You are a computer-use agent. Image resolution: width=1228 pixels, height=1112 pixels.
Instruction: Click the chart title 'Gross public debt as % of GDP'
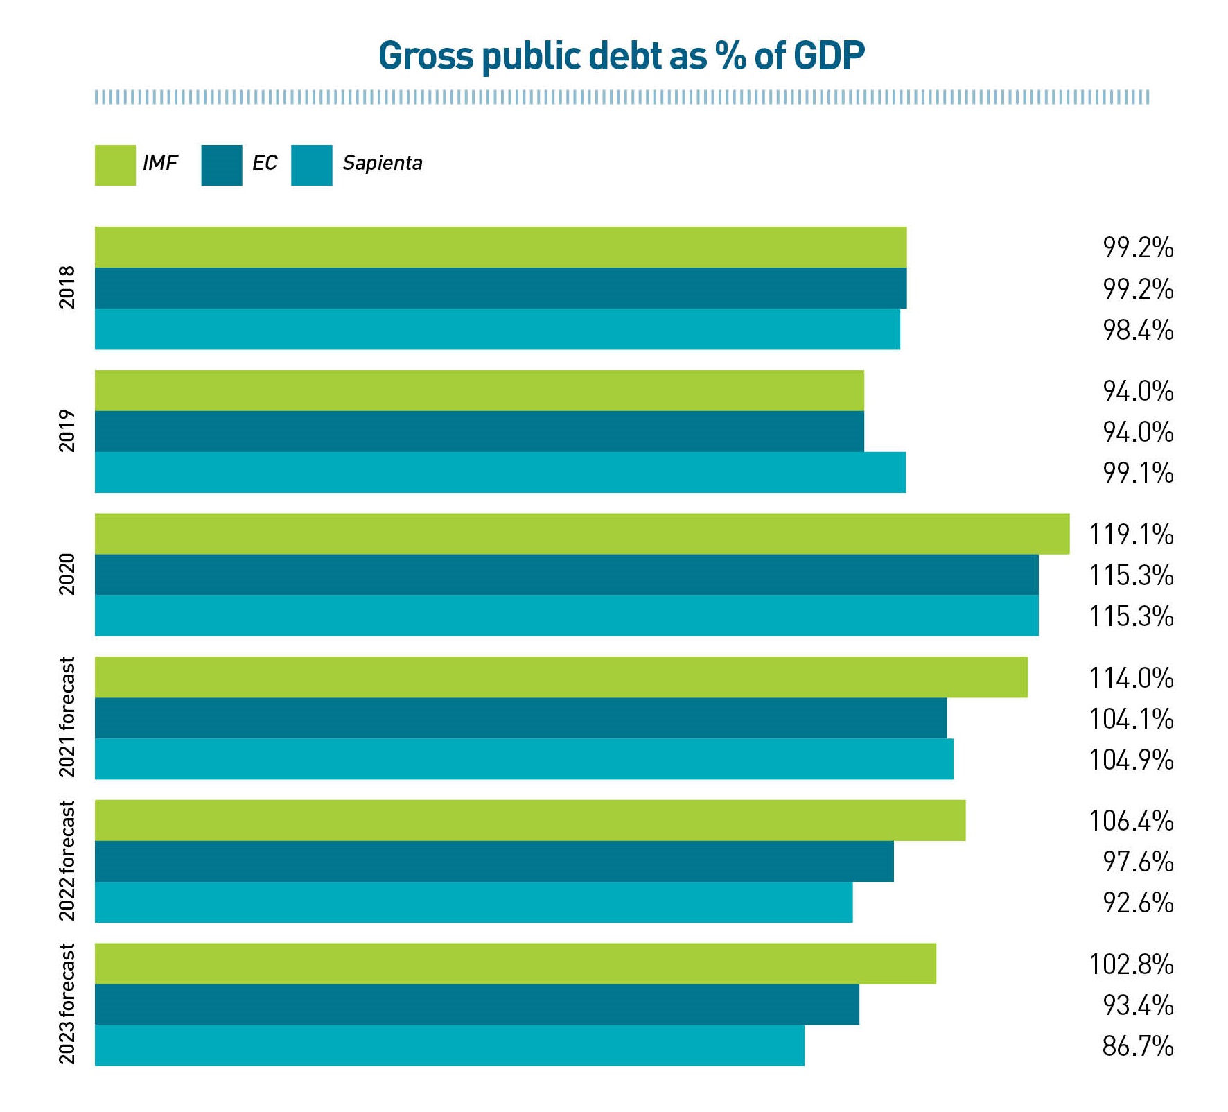621,55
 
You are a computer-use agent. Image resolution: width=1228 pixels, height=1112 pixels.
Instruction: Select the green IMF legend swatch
115,165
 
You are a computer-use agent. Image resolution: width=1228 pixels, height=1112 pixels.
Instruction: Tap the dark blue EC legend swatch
221,165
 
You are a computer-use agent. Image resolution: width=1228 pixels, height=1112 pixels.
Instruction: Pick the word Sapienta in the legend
382,164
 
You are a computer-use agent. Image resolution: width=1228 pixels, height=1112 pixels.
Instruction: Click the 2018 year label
67,287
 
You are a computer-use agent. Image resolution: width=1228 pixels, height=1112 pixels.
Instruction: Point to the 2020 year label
67,574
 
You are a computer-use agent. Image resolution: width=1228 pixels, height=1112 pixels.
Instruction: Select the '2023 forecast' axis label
67,1004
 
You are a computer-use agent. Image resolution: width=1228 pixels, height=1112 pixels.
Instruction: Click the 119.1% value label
1130,535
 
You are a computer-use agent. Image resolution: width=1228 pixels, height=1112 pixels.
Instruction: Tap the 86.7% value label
1137,1045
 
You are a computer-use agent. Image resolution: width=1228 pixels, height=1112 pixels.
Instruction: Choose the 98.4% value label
1137,330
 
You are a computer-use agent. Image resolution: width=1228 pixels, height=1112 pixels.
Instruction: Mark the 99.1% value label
1137,473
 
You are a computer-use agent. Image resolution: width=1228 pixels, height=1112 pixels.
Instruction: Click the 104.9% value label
1130,760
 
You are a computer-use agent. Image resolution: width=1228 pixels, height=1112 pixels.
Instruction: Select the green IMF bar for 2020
581,534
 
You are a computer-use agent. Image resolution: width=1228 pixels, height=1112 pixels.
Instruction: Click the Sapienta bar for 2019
500,472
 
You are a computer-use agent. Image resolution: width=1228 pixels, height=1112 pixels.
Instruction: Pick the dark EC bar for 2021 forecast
520,718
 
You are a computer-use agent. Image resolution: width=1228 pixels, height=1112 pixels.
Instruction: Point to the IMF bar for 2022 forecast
529,820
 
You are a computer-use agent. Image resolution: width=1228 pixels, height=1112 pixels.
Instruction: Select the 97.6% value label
1137,862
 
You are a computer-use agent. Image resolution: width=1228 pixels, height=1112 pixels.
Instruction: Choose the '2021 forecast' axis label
67,718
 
